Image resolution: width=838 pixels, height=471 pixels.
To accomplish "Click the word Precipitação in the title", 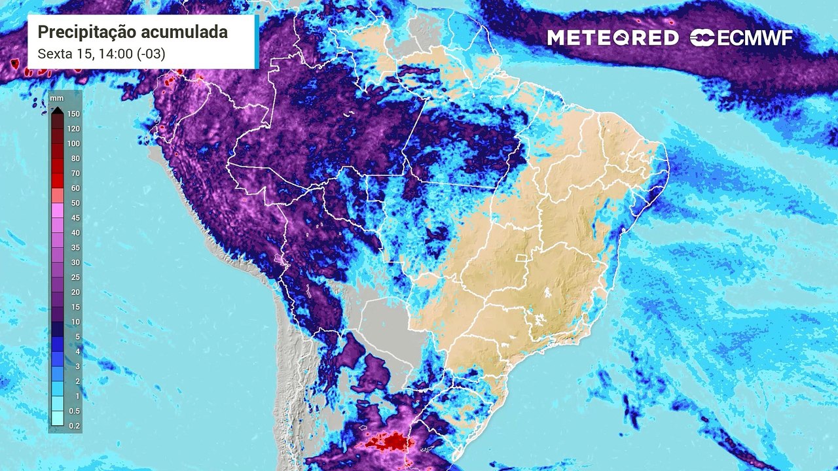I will (x=82, y=32).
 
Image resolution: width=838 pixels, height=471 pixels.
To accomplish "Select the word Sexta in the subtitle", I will (x=54, y=53).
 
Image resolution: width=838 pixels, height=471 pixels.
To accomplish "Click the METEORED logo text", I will (x=613, y=38).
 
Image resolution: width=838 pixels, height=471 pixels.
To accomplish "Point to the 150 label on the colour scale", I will (x=73, y=114).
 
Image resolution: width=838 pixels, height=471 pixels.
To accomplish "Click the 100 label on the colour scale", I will (x=73, y=143).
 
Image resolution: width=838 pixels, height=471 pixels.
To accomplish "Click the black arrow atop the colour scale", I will (x=58, y=110).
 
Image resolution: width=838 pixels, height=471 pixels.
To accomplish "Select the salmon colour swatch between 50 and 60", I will (x=58, y=195).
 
